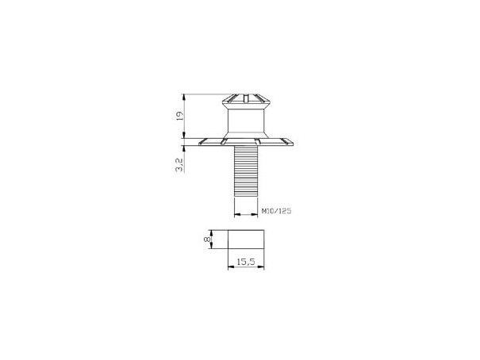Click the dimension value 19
[180, 116]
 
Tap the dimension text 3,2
[180, 165]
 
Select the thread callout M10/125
[276, 211]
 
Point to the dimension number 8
[207, 239]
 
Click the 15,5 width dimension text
[246, 261]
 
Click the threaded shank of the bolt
[246, 170]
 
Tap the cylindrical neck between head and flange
[246, 121]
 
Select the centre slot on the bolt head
[246, 98]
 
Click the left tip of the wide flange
[199, 144]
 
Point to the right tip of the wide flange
[294, 144]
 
